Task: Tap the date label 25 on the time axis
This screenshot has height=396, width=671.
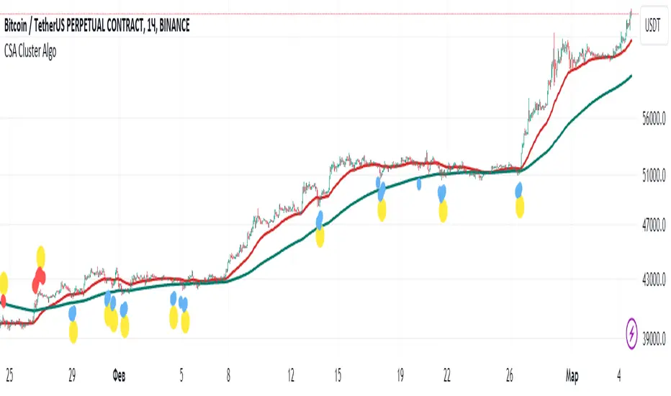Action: (x=10, y=375)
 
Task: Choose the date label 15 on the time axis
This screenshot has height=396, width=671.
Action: (x=335, y=375)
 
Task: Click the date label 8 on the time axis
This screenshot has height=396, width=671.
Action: (x=228, y=375)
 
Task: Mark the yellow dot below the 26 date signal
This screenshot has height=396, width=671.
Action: (x=520, y=208)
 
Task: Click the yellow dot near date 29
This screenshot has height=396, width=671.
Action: (x=73, y=332)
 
